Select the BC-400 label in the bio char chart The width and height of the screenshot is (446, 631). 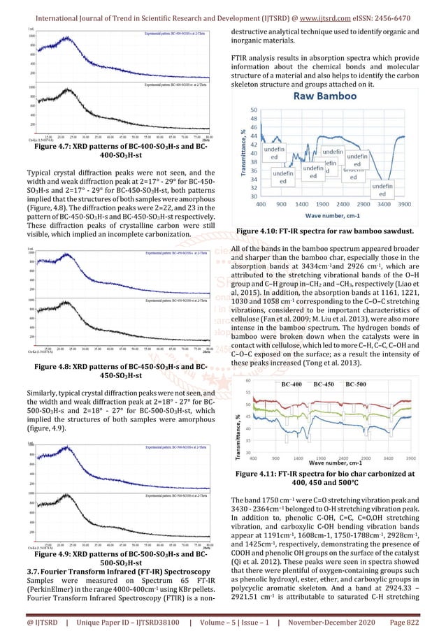click(292, 384)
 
